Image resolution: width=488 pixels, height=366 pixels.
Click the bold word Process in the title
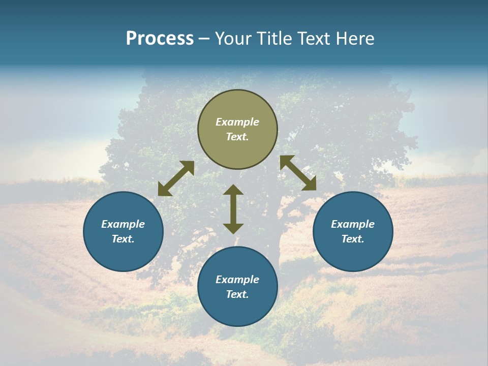(x=160, y=39)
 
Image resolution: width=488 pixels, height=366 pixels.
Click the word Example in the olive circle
(x=237, y=122)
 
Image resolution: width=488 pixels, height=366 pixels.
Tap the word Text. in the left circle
(x=123, y=239)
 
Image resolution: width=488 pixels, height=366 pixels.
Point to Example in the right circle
(x=353, y=224)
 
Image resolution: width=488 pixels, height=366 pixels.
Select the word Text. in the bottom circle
(x=237, y=294)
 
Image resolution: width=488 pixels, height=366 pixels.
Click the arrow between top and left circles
(x=176, y=178)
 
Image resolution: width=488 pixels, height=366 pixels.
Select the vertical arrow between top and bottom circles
(x=233, y=209)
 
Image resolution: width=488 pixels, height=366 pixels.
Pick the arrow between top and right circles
(x=298, y=173)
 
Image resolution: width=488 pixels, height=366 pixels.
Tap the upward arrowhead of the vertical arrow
(x=233, y=190)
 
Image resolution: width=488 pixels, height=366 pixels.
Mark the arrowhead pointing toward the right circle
(x=310, y=184)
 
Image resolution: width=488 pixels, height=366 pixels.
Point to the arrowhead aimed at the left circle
(x=164, y=190)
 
